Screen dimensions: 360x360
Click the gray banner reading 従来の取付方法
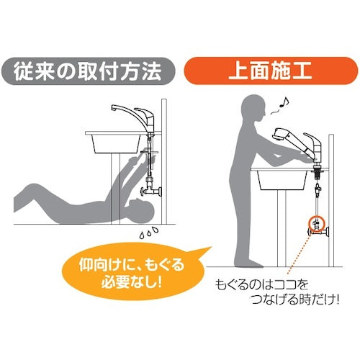(x=88, y=71)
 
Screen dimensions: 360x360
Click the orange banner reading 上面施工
(x=271, y=71)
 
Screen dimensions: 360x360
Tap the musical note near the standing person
(x=284, y=102)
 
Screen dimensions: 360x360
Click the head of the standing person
(x=253, y=109)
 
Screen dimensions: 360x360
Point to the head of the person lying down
(x=140, y=211)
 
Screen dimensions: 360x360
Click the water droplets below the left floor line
(x=149, y=232)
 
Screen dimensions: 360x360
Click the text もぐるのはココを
(x=261, y=285)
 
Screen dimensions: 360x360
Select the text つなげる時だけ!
(x=294, y=300)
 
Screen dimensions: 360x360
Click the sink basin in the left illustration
(x=117, y=143)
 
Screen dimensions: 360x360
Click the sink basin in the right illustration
(x=282, y=180)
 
